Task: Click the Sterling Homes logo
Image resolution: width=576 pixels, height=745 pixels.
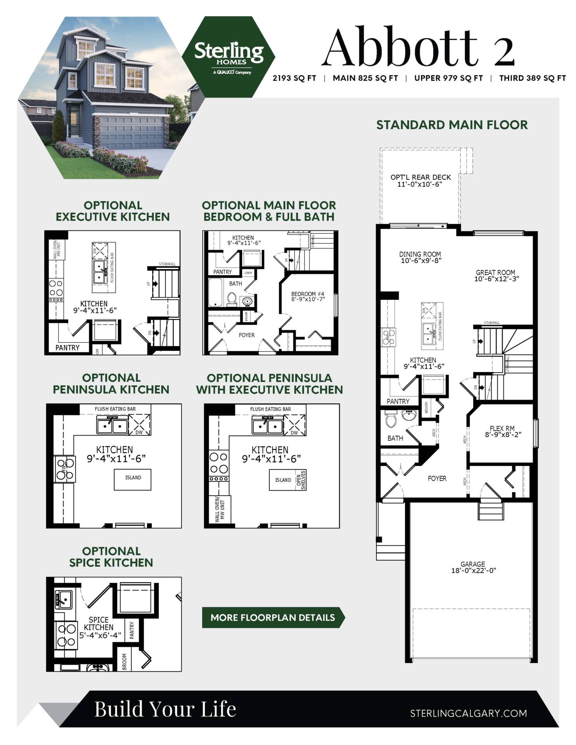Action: (x=229, y=57)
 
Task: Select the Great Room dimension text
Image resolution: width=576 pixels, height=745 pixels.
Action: (x=496, y=279)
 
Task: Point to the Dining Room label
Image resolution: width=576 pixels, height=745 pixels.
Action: (x=420, y=254)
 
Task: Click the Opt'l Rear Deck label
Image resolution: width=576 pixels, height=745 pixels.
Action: (x=420, y=177)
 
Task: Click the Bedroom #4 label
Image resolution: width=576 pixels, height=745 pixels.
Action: (x=308, y=294)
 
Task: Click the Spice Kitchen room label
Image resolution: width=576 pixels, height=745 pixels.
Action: (x=99, y=624)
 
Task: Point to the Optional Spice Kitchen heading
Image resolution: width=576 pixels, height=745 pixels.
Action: (x=111, y=557)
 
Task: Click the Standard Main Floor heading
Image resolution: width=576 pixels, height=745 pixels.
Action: (x=452, y=125)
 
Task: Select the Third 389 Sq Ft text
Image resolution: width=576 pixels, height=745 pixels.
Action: (x=532, y=78)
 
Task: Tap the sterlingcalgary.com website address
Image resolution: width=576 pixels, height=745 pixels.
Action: (x=468, y=713)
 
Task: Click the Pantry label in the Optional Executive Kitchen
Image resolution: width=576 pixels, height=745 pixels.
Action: (x=67, y=348)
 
